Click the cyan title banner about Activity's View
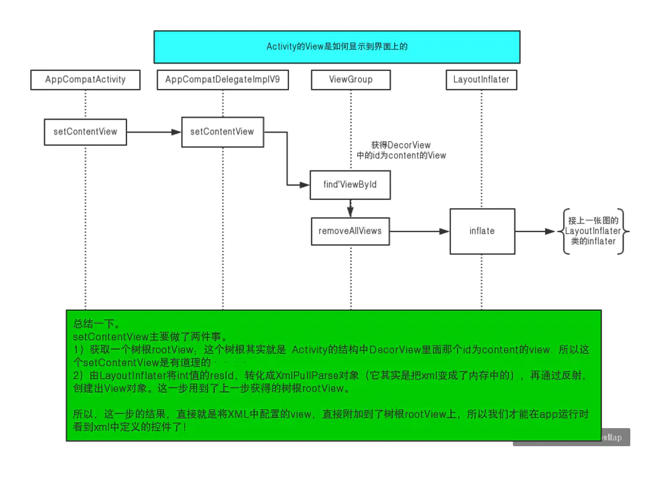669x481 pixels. [x=337, y=47]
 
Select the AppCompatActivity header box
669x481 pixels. [x=86, y=80]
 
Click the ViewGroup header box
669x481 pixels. [x=351, y=80]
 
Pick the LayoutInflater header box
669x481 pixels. [x=481, y=80]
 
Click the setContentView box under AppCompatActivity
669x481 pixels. [x=86, y=132]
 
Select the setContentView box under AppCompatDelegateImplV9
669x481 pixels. [x=222, y=132]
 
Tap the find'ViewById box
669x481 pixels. [x=350, y=185]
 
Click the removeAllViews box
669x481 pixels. [x=350, y=231]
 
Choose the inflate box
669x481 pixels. [x=482, y=231]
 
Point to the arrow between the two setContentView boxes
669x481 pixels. [x=154, y=132]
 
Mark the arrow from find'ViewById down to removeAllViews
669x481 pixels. [x=350, y=208]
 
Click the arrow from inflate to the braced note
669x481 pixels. [x=536, y=231]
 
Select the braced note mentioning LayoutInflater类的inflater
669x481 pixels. [x=593, y=231]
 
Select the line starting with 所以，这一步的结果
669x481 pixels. [x=330, y=415]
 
